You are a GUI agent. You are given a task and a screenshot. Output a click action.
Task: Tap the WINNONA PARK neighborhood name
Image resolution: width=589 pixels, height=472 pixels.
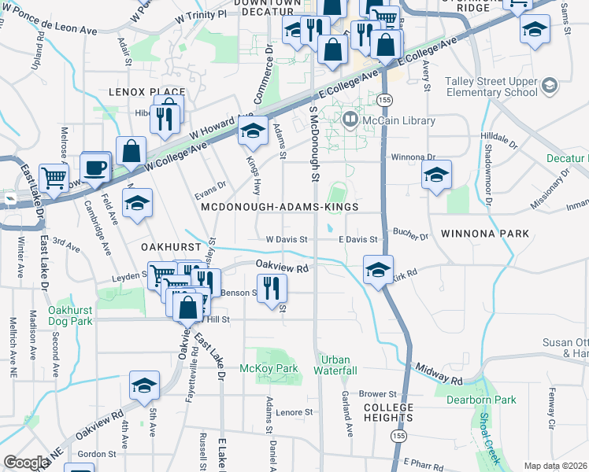(484, 234)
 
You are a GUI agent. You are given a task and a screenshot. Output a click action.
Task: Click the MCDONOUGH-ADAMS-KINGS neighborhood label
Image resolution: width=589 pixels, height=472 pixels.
(280, 207)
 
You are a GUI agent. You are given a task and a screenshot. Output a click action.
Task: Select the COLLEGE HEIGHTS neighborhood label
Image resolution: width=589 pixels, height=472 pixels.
(388, 411)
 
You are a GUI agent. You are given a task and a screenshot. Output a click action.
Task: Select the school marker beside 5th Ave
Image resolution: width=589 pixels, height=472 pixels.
(144, 385)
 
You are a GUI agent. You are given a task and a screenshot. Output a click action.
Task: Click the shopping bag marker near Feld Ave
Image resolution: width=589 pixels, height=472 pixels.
(131, 150)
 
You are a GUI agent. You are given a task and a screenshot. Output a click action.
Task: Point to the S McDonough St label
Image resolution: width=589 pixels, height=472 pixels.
(313, 146)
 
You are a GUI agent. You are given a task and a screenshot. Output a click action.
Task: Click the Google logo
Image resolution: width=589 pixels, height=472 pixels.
(26, 463)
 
